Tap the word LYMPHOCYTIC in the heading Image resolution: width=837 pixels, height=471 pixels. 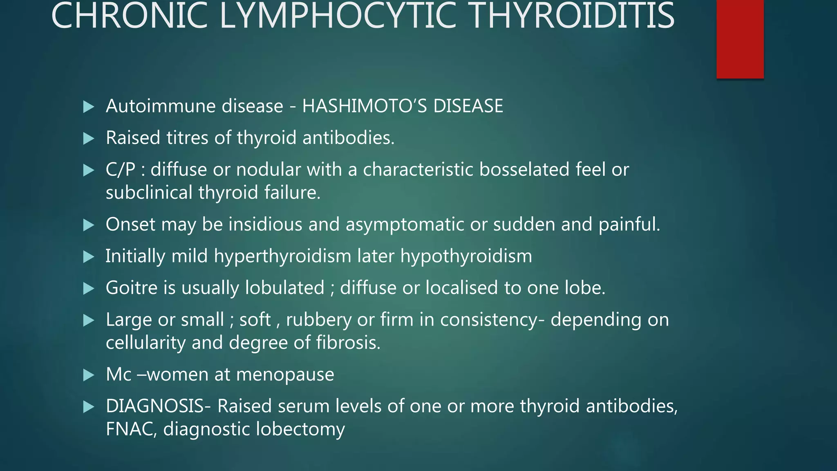[x=338, y=16]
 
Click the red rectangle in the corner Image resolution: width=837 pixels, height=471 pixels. [x=740, y=39]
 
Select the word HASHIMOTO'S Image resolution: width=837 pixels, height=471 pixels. [x=364, y=106]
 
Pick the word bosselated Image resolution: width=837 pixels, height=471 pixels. [x=524, y=170]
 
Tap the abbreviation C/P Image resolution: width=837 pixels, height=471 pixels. [x=120, y=170]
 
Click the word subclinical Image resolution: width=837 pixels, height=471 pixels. [x=149, y=193]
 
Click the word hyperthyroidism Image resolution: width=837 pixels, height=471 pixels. [x=282, y=256]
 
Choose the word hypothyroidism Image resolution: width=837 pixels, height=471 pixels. [x=466, y=256]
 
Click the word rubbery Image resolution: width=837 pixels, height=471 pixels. [x=318, y=320]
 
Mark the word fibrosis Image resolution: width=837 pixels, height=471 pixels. [x=348, y=343]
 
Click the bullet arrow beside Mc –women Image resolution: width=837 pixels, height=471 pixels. [x=89, y=375]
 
